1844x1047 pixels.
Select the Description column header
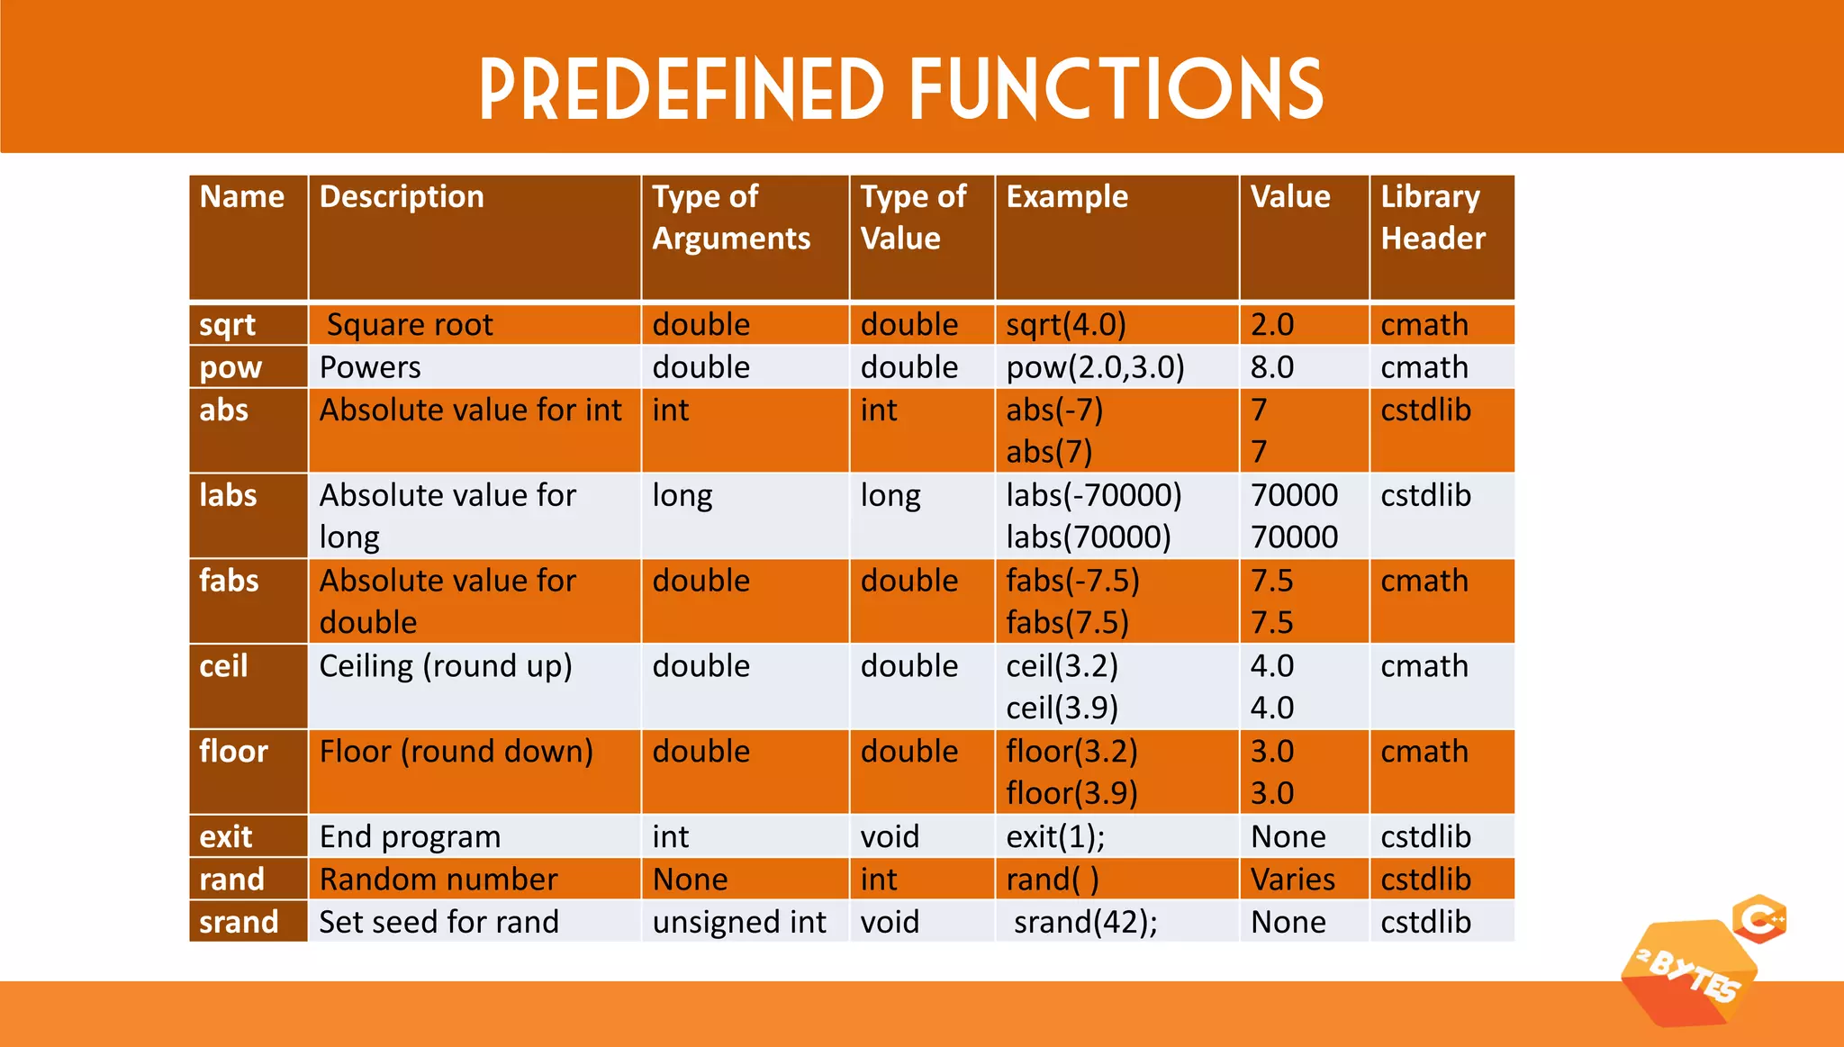tap(402, 197)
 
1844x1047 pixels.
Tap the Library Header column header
tap(1433, 218)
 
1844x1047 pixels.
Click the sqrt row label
tap(228, 325)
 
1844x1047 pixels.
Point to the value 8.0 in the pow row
tap(1272, 367)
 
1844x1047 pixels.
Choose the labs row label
tap(229, 495)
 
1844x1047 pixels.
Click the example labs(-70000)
tap(1094, 495)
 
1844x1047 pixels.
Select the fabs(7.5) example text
tap(1067, 623)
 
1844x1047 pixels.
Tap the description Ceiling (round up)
tap(446, 666)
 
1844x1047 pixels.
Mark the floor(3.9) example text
tap(1071, 793)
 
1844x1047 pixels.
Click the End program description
tap(410, 837)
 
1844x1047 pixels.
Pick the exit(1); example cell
tap(1055, 837)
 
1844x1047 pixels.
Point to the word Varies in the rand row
tap(1293, 880)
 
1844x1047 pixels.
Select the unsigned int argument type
tap(739, 922)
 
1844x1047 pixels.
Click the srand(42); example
tap(1085, 922)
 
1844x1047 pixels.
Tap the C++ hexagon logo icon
tap(1759, 919)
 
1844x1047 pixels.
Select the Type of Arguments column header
tap(731, 218)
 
